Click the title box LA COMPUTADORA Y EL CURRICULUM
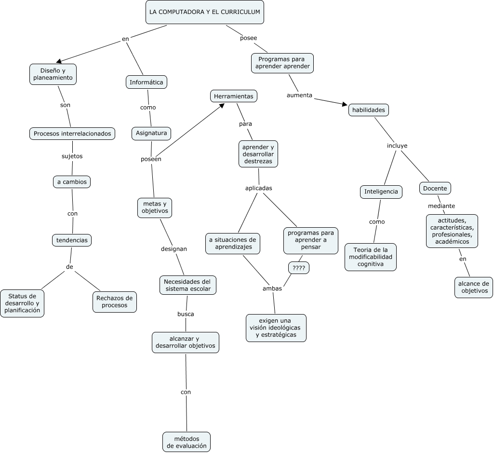point(205,12)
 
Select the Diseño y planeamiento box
point(53,74)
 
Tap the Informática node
point(147,82)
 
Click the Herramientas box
point(233,96)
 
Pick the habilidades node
point(369,110)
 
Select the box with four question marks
point(298,268)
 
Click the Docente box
point(435,188)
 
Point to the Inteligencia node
point(381,192)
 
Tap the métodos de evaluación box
point(187,442)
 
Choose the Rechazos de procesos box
point(114,302)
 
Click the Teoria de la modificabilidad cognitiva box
point(371,257)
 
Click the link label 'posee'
point(248,38)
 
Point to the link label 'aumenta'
point(299,95)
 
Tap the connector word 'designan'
point(174,249)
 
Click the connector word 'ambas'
point(272,288)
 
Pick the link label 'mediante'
point(441,206)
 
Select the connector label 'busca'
point(186,314)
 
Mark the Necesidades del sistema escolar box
point(187,285)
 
